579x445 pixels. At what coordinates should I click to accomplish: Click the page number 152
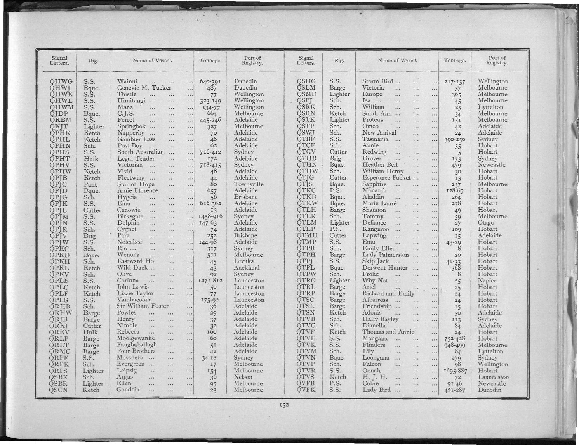click(284, 405)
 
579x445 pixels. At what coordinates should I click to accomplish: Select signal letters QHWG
click(61, 81)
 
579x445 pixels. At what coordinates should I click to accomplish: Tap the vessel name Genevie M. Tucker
click(144, 88)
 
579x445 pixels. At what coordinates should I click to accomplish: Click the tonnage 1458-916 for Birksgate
click(210, 216)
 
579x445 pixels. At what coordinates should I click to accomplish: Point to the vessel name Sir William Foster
click(143, 306)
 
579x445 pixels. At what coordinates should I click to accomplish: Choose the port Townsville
click(249, 184)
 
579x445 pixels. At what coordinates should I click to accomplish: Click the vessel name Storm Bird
click(377, 81)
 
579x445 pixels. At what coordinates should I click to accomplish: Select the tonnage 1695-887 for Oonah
click(454, 371)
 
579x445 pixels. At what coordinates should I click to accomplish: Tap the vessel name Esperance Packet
click(386, 178)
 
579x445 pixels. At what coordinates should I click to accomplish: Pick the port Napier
click(487, 281)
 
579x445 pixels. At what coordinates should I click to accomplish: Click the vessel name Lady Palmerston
click(385, 255)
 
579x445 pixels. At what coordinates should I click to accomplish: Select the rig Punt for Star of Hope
click(90, 184)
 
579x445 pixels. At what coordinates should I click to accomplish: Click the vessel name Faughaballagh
click(137, 345)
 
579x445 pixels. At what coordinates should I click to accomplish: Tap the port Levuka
click(244, 261)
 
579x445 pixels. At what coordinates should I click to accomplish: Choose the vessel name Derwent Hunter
click(385, 268)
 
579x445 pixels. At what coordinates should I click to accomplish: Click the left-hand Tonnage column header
click(210, 61)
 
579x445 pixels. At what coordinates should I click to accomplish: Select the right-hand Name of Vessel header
click(397, 61)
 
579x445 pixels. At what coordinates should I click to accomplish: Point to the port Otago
click(486, 223)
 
